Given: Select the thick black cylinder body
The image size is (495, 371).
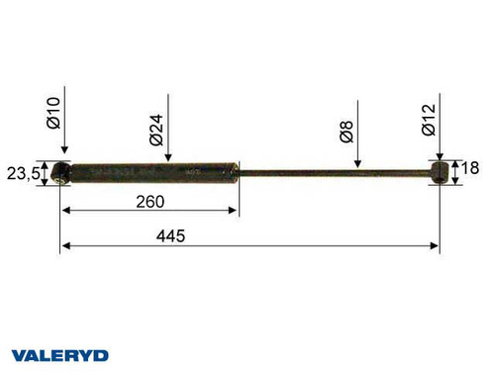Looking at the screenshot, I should coord(153,173).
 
